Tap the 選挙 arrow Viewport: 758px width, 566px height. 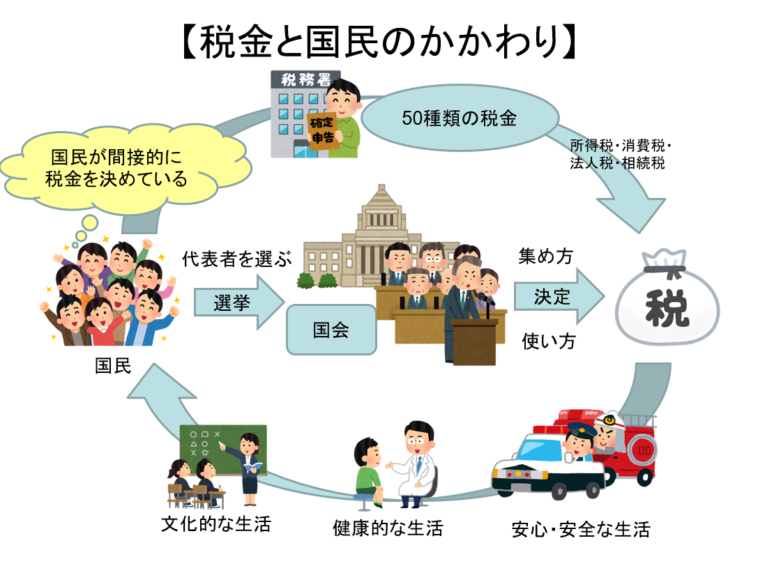(x=237, y=303)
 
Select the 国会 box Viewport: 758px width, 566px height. (x=331, y=330)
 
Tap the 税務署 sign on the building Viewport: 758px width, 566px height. (x=306, y=79)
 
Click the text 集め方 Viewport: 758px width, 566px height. (x=545, y=257)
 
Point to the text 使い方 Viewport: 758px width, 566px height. (x=549, y=342)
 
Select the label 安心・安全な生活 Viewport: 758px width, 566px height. (x=580, y=529)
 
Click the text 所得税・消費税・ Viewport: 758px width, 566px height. (x=619, y=146)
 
